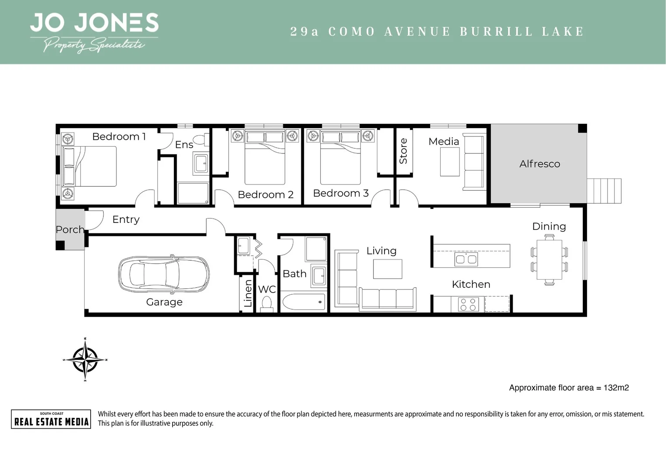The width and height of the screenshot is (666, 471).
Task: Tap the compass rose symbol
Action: click(85, 360)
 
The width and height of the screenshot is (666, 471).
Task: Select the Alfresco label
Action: click(540, 164)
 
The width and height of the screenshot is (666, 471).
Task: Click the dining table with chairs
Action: click(549, 259)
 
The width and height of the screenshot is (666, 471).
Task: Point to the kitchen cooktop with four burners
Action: click(468, 304)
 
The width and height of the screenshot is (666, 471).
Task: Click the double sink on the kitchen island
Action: click(466, 259)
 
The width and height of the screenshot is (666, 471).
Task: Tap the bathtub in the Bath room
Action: click(303, 302)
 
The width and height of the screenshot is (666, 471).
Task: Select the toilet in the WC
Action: click(266, 304)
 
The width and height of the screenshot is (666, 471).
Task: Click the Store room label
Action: click(403, 151)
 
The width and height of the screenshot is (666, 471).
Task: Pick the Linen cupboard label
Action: click(248, 294)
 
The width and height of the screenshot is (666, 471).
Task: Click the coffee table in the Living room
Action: click(387, 269)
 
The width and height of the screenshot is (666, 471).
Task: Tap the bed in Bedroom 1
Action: click(89, 166)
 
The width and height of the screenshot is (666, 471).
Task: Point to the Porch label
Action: click(70, 229)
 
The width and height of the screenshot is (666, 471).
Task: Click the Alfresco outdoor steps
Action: click(604, 191)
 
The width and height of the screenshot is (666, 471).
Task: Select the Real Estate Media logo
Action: click(51, 419)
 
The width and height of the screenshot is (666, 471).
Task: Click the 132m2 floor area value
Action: click(616, 388)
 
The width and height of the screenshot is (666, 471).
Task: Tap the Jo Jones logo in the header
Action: click(94, 32)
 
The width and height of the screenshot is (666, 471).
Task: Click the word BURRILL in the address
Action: click(496, 32)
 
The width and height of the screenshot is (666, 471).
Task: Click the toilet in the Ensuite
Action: click(201, 140)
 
